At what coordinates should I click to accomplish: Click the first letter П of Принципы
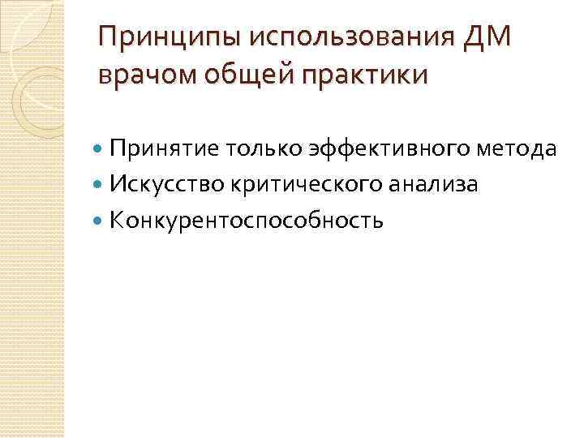point(105,38)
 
